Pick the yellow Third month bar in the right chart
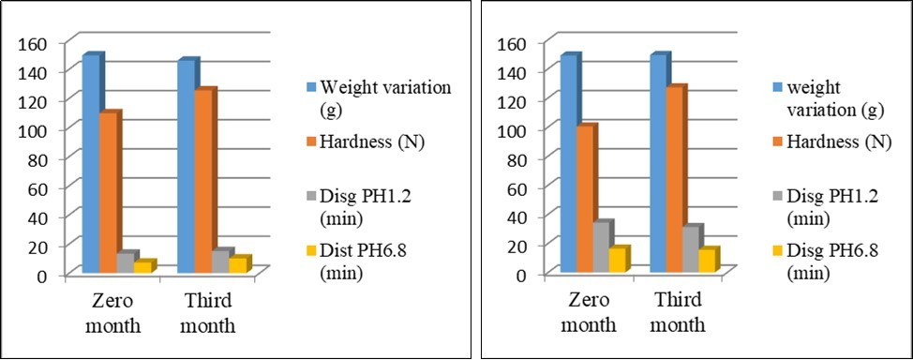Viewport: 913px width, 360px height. [x=708, y=260]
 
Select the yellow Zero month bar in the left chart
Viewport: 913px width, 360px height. [x=142, y=266]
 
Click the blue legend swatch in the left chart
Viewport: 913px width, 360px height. [x=307, y=87]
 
